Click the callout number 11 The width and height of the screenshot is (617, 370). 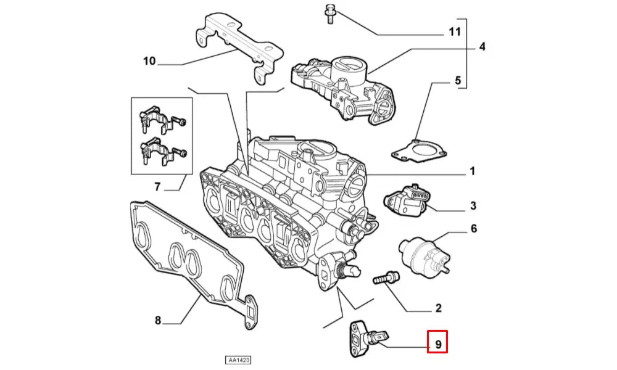point(454,31)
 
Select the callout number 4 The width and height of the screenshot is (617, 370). point(482,46)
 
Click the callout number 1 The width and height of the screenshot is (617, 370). point(472,171)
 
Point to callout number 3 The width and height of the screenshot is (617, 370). point(473,205)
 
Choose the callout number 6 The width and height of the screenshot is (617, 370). point(473,229)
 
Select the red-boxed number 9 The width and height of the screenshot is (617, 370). point(437,342)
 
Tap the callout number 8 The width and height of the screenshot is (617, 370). point(158,321)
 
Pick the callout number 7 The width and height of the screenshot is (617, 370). point(157,186)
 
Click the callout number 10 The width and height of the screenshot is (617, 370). point(149,60)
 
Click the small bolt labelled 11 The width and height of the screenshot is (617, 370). point(329,13)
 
